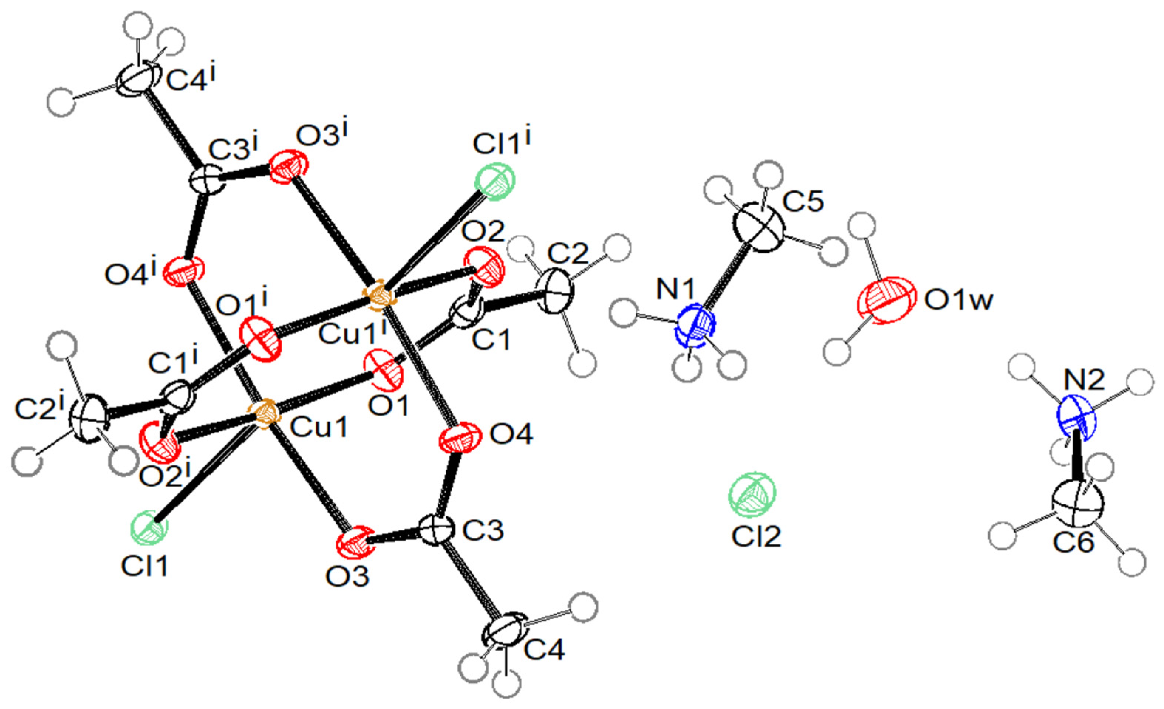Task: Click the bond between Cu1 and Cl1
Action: click(208, 475)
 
